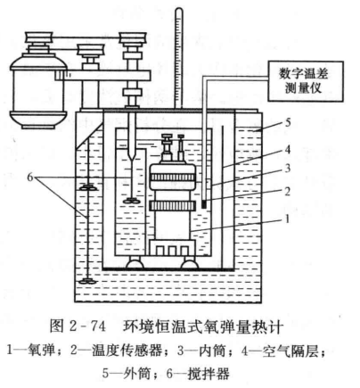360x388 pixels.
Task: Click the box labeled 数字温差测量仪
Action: (x=306, y=81)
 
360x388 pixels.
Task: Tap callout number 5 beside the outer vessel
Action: (x=288, y=122)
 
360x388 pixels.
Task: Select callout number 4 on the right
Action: (x=287, y=149)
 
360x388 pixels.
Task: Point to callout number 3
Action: (x=287, y=169)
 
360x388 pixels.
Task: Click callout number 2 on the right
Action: (x=287, y=192)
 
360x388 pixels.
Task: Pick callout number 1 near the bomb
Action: (x=287, y=219)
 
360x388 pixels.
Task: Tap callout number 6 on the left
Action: (x=30, y=177)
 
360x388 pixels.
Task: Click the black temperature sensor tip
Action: (x=204, y=204)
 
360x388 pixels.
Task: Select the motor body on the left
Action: (x=37, y=91)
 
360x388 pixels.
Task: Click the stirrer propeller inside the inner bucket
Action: (x=131, y=201)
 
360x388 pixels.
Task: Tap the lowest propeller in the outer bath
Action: (x=88, y=281)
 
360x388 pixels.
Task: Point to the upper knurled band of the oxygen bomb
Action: (x=173, y=177)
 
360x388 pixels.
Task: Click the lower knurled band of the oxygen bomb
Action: (x=173, y=205)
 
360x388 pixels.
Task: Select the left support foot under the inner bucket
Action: (x=135, y=263)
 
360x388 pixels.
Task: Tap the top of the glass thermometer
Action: (x=179, y=11)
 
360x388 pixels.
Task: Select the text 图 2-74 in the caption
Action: (x=78, y=326)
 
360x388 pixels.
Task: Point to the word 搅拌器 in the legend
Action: (x=209, y=373)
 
